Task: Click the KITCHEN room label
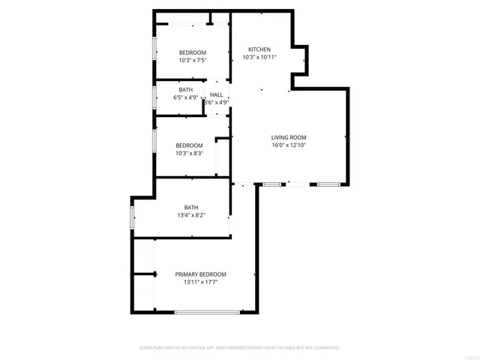click(x=259, y=49)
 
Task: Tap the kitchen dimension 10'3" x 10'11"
click(x=259, y=57)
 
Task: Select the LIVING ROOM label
click(x=289, y=137)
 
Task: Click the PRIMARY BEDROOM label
click(x=200, y=274)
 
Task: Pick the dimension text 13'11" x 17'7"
click(x=200, y=283)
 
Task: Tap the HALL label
click(x=216, y=94)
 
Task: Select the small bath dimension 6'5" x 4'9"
click(x=185, y=97)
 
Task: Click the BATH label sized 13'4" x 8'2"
click(x=191, y=208)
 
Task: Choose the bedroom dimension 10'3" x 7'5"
click(x=192, y=60)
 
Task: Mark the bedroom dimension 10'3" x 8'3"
click(x=189, y=153)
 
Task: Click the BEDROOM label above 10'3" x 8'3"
click(x=189, y=145)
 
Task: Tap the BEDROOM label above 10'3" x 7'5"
click(x=192, y=52)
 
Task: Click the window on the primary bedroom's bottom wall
click(x=207, y=311)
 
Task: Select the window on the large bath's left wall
click(x=133, y=217)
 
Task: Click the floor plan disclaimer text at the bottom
click(x=240, y=348)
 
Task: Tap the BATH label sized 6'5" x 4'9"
click(x=185, y=90)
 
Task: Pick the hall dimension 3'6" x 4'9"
click(x=216, y=102)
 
